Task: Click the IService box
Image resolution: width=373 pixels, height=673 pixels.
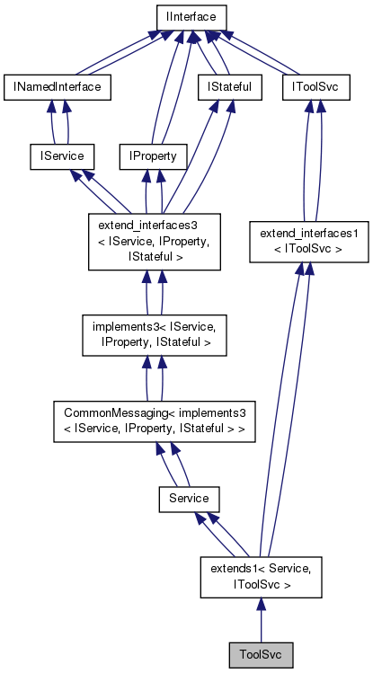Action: [57, 156]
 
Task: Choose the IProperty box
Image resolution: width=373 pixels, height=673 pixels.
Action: [153, 156]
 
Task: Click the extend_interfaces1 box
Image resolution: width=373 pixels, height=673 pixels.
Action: [308, 241]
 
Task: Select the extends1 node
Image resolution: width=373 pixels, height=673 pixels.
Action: [259, 575]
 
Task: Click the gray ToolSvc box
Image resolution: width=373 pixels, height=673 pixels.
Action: [261, 654]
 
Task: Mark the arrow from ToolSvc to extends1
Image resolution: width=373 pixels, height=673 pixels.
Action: [260, 620]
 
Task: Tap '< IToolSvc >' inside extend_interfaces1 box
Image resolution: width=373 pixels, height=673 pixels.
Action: [308, 248]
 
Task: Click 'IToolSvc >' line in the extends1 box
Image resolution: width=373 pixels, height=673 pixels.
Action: [259, 583]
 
